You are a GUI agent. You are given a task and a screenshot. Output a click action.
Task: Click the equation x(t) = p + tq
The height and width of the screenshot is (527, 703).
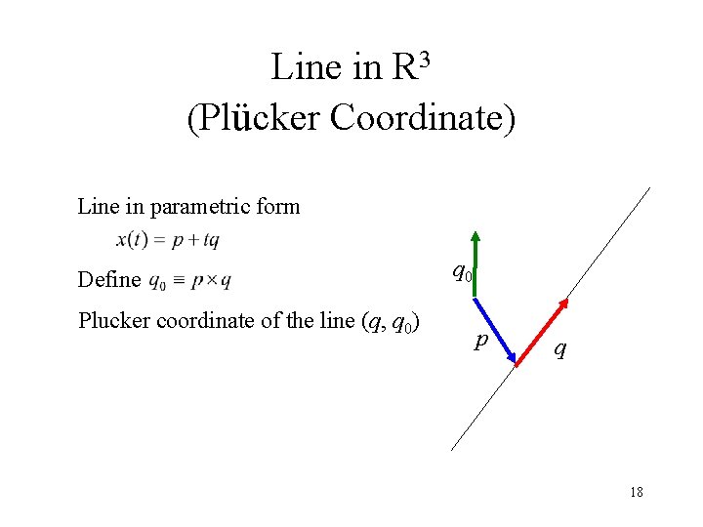point(168,240)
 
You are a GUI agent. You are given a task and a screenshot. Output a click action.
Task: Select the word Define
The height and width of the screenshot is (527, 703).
point(108,280)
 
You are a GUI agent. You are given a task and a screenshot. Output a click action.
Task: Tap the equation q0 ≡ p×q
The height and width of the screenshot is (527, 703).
point(189,281)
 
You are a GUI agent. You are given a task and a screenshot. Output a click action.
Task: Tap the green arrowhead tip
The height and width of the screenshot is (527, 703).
point(475,233)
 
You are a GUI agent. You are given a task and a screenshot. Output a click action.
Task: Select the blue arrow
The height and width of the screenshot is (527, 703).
point(495,326)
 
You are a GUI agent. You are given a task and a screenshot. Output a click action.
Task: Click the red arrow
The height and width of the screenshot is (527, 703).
point(541,331)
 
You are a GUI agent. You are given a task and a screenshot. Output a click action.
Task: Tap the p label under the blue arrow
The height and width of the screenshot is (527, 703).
point(479,341)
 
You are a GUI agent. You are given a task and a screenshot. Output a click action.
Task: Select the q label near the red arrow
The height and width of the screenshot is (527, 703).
point(558,348)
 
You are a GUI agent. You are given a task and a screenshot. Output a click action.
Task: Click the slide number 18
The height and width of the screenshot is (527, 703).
point(636,492)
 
